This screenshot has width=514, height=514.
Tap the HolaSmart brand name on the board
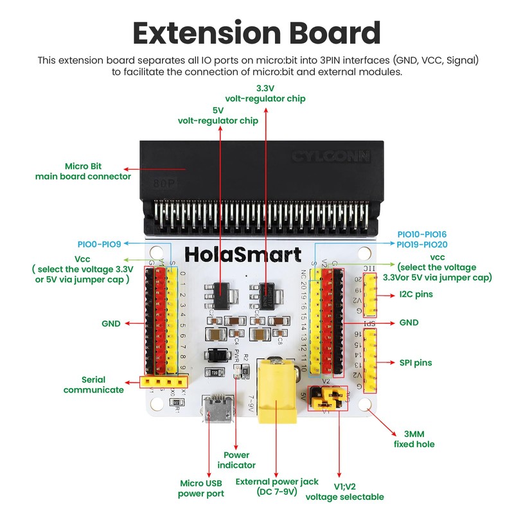point(243,254)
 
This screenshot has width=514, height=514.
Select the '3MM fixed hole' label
point(414,439)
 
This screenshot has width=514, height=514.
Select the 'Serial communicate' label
point(94,384)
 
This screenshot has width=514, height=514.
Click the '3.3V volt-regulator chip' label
point(265,93)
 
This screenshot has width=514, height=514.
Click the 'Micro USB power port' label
point(201,488)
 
